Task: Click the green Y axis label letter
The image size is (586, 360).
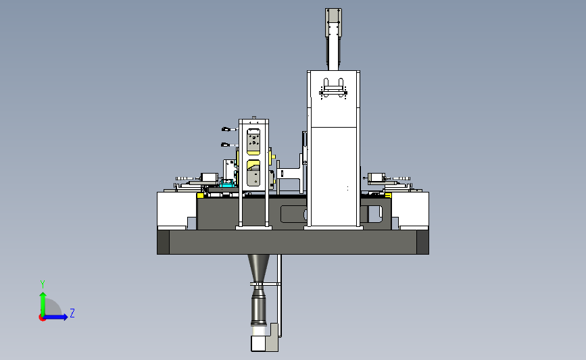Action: [43, 284]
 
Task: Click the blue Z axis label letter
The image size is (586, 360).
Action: [72, 313]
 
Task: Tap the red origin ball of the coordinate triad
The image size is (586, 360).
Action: [42, 318]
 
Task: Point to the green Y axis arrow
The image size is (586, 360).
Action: [43, 304]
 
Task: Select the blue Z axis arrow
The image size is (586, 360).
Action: [56, 317]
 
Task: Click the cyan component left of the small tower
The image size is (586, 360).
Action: [227, 183]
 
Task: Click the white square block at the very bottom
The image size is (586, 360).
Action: [258, 343]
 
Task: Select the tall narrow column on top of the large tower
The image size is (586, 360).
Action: [333, 39]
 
